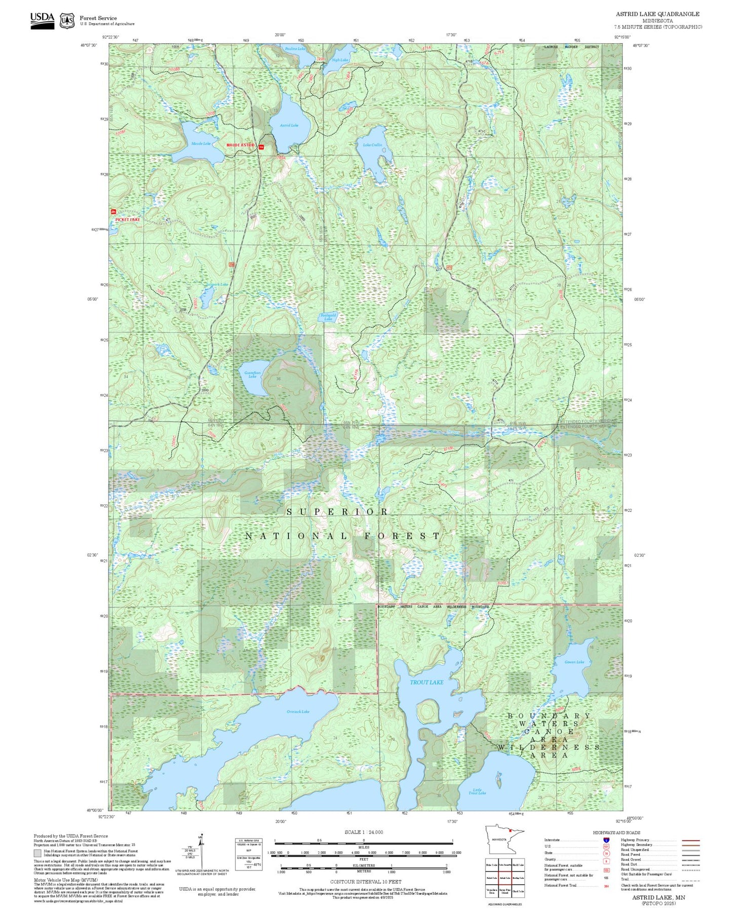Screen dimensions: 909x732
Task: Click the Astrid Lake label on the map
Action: [x=289, y=125]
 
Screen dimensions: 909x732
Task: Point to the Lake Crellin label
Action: [x=372, y=145]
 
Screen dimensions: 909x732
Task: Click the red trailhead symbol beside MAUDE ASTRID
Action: [x=261, y=147]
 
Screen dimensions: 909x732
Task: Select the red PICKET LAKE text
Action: [x=128, y=220]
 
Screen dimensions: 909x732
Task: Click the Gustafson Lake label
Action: [x=252, y=374]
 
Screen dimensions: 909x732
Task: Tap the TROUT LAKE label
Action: [x=426, y=682]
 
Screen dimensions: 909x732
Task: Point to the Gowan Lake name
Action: [x=574, y=662]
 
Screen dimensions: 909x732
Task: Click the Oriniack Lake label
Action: [x=298, y=711]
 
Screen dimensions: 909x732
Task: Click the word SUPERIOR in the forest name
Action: [x=337, y=512]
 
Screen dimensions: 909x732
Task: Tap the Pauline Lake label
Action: [x=295, y=49]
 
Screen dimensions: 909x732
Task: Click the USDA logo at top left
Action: [x=42, y=20]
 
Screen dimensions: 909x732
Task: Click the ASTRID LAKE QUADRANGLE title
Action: [x=658, y=14]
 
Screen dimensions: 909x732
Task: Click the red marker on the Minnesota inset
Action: [x=511, y=844]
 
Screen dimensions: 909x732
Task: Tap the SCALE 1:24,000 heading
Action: [x=364, y=832]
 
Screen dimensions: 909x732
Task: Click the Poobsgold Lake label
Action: [x=328, y=317]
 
